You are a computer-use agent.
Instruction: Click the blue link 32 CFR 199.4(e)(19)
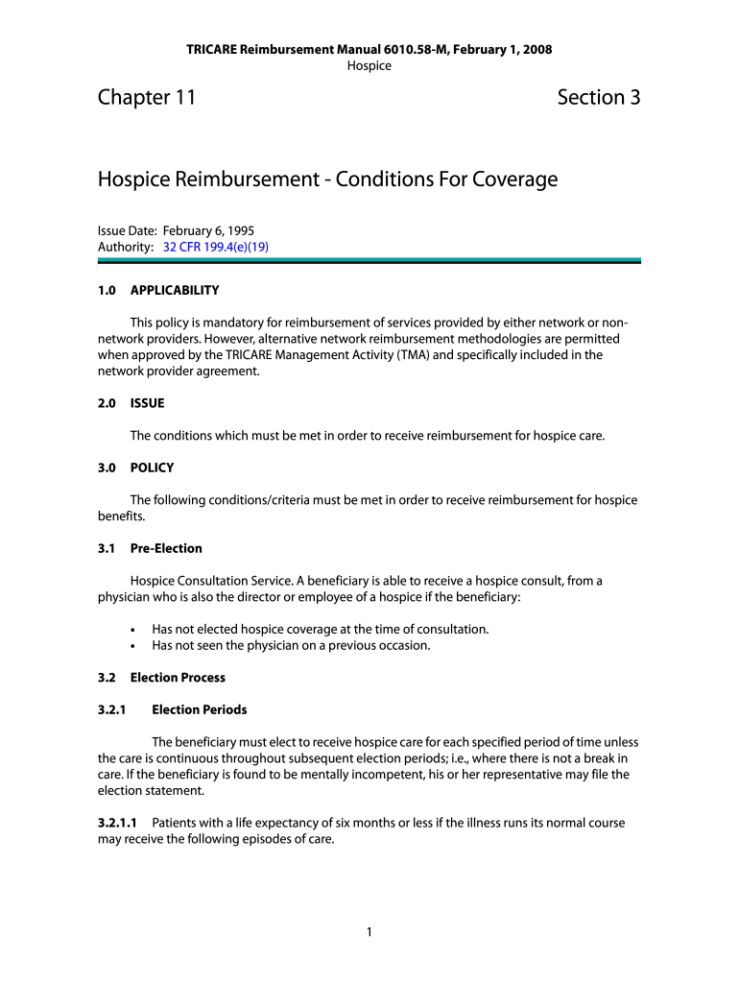pos(215,247)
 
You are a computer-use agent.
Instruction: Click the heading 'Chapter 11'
pos(147,97)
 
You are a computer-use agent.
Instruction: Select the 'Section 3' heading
pos(598,97)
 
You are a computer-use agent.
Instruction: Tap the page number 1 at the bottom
pos(369,932)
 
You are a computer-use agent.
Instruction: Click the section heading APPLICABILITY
pos(175,290)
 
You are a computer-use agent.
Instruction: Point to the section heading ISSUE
pos(147,403)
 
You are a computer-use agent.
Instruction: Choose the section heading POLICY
pos(152,468)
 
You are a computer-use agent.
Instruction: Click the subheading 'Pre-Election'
pos(166,548)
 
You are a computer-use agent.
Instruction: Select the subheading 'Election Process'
pos(178,678)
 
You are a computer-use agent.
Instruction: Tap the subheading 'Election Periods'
pos(199,709)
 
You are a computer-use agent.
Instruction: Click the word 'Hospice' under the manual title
pos(369,65)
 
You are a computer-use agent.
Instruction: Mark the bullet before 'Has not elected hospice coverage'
pos(133,630)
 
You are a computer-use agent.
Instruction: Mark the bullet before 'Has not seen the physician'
pos(133,646)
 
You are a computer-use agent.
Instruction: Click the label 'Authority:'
pos(126,247)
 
